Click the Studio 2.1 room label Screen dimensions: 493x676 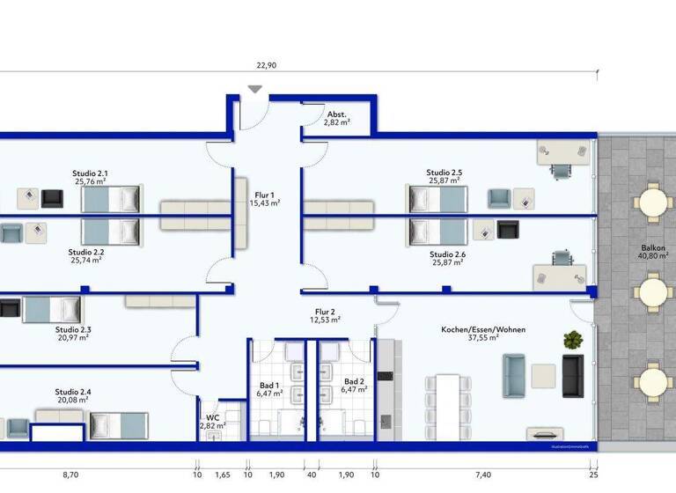click(91, 173)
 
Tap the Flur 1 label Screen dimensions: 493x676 click(265, 195)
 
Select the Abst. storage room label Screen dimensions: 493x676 click(336, 114)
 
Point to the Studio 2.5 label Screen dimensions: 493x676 click(445, 173)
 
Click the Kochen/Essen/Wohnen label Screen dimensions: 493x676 click(483, 329)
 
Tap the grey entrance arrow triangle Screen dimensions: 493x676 click(255, 89)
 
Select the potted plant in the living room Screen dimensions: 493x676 click(573, 339)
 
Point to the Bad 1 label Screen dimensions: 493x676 click(269, 384)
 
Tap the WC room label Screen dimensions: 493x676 click(212, 416)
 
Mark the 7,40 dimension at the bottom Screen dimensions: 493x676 click(484, 475)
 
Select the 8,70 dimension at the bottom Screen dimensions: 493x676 click(69, 475)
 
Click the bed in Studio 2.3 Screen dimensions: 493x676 click(51, 310)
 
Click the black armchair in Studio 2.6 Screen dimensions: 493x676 click(509, 230)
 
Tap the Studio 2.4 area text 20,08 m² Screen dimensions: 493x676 click(72, 400)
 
